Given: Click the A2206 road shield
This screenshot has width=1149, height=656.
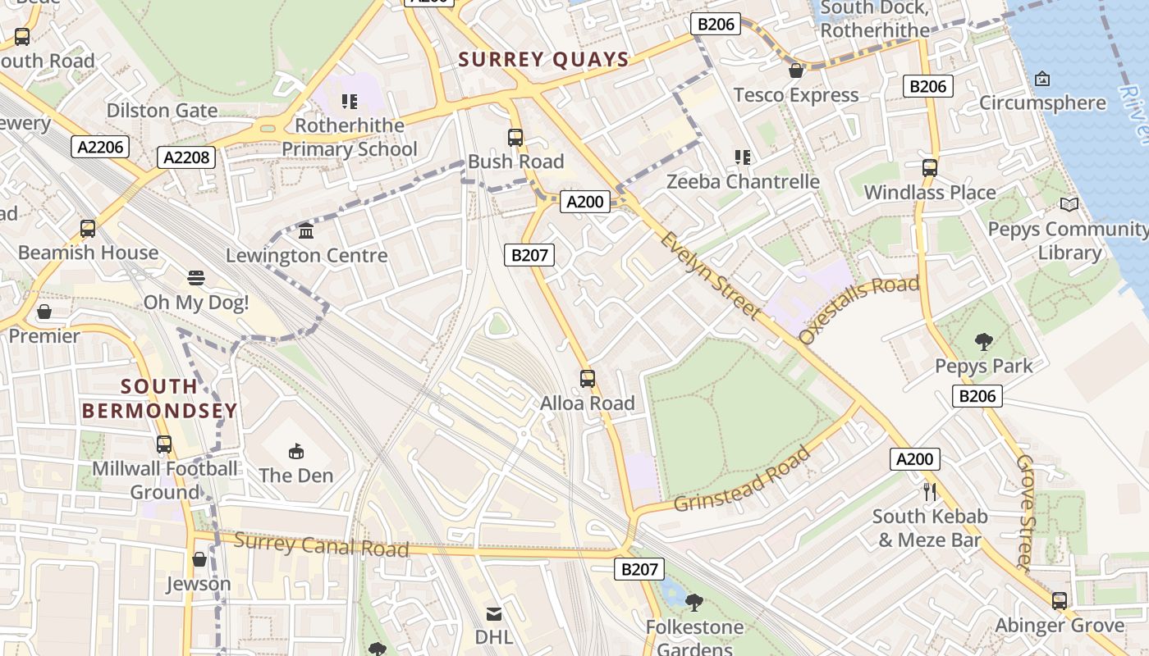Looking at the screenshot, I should [101, 147].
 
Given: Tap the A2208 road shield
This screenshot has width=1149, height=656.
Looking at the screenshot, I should [187, 157].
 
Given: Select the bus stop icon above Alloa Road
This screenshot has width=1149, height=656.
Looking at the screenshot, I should [588, 378].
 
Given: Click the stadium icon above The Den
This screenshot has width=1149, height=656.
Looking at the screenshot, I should [296, 451].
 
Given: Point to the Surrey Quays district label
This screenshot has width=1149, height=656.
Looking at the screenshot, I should [543, 60].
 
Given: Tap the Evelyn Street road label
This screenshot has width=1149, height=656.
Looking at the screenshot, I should [711, 274].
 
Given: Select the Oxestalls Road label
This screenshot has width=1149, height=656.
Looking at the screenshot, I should [858, 310].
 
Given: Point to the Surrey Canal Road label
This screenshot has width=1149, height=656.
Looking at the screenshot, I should [321, 544].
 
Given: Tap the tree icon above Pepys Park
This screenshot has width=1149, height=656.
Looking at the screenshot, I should [983, 342].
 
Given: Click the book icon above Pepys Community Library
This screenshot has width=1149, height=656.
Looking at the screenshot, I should [1069, 205].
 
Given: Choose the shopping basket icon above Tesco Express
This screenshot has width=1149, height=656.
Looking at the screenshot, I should [795, 71].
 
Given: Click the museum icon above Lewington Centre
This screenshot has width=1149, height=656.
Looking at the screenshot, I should [306, 231].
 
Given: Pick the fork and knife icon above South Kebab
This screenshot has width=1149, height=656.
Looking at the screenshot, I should [930, 492].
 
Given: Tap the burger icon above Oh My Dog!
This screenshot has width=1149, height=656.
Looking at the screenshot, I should [195, 278].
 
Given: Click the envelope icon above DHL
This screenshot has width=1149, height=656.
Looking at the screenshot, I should [494, 613].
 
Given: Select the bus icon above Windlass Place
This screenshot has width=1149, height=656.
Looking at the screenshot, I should [929, 168].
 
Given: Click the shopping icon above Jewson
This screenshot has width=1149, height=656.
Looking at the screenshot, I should [199, 560].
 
